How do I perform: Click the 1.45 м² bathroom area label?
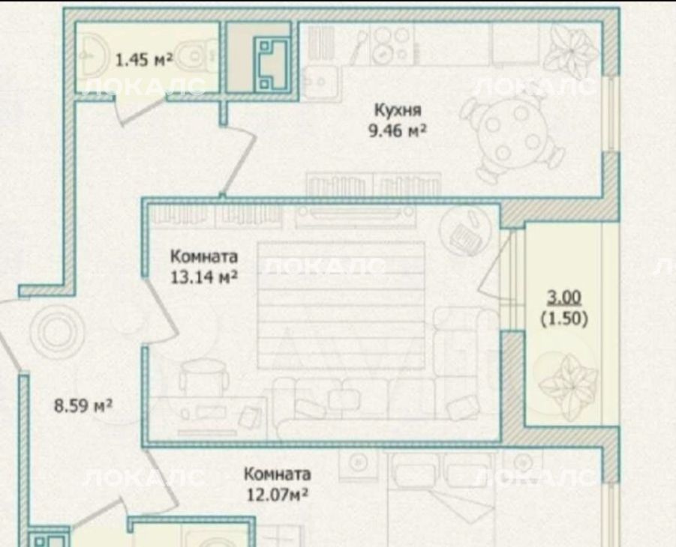pyautogui.click(x=144, y=59)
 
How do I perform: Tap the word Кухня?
pyautogui.click(x=398, y=110)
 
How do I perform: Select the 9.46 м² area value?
pyautogui.click(x=397, y=130)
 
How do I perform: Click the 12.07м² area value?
pyautogui.click(x=277, y=495)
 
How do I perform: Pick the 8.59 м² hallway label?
pyautogui.click(x=83, y=405)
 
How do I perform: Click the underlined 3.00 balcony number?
pyautogui.click(x=564, y=297)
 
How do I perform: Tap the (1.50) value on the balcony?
pyautogui.click(x=564, y=318)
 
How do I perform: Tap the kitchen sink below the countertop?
pyautogui.click(x=318, y=82)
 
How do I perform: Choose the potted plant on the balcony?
pyautogui.click(x=568, y=383)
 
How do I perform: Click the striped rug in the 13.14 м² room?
pyautogui.click(x=341, y=306)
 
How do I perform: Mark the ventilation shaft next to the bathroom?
pyautogui.click(x=272, y=64)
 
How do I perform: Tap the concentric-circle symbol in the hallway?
pyautogui.click(x=56, y=332)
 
